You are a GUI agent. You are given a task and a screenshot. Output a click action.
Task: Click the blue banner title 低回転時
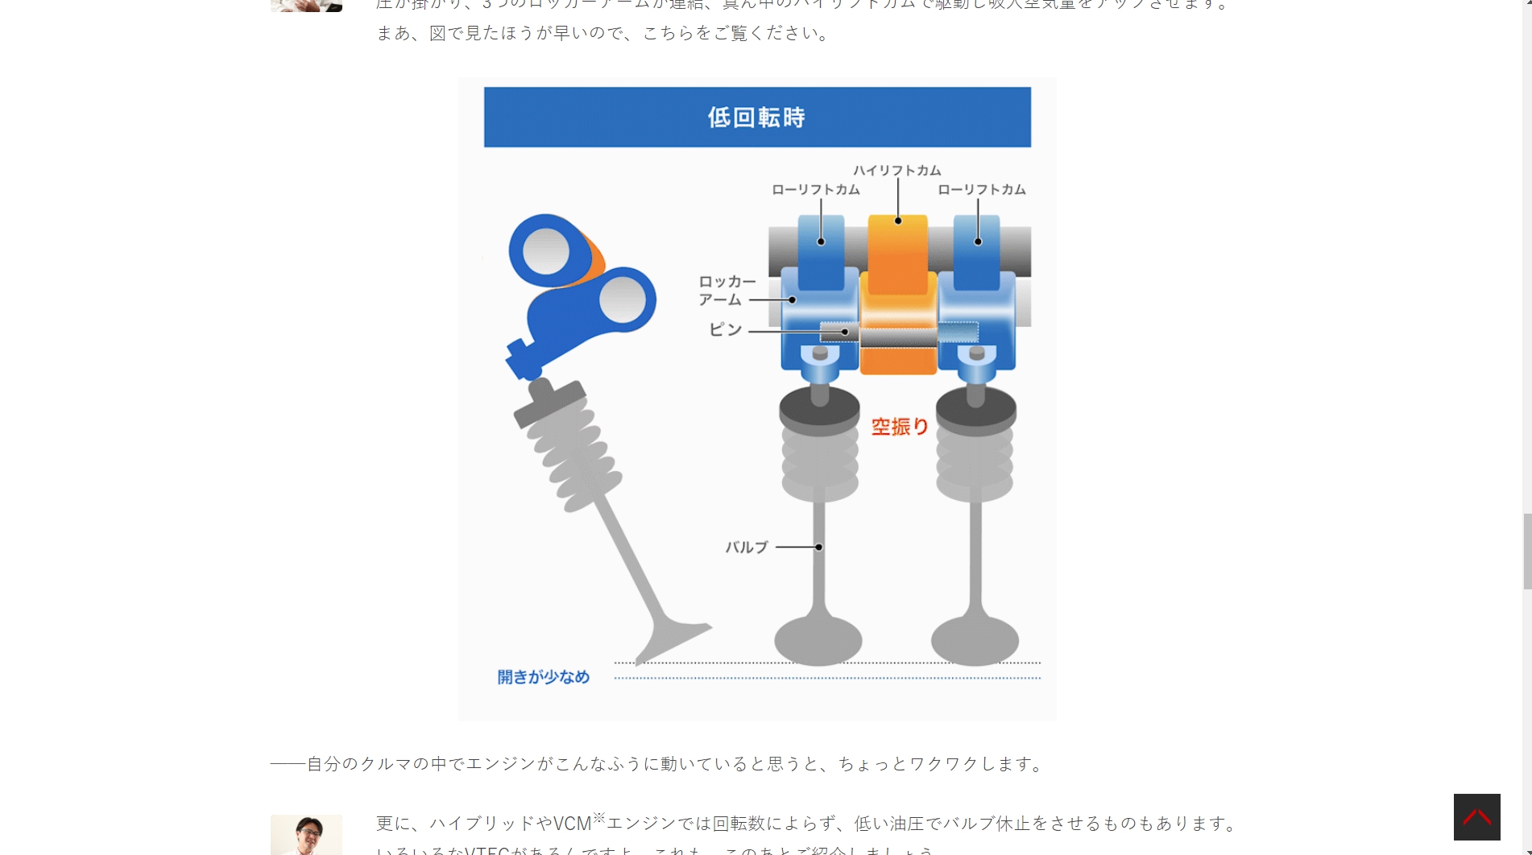(x=756, y=118)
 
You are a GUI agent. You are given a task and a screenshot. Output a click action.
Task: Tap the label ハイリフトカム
(x=896, y=171)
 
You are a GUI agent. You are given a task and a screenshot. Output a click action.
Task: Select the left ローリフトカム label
(x=815, y=190)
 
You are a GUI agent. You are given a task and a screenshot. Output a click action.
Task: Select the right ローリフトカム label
(x=981, y=190)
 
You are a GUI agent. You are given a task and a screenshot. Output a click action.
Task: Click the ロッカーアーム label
(x=727, y=291)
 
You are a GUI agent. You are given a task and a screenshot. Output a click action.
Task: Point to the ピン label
(x=725, y=330)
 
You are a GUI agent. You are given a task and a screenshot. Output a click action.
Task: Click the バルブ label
(x=747, y=547)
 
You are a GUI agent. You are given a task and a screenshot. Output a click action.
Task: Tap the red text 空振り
(x=900, y=427)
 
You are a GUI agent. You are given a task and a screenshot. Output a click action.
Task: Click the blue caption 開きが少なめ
(x=543, y=677)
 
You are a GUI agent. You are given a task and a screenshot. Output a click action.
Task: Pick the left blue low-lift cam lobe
(x=821, y=250)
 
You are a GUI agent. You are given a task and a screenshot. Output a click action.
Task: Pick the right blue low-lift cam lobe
(x=976, y=250)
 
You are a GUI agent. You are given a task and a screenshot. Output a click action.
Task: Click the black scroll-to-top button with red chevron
(x=1476, y=817)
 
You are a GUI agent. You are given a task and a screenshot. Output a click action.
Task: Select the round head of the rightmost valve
(x=975, y=641)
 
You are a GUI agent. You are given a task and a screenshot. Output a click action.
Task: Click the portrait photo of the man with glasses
(x=306, y=835)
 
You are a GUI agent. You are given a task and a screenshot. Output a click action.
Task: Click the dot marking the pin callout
(x=845, y=332)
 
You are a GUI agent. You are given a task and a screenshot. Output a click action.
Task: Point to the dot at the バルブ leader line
(x=818, y=547)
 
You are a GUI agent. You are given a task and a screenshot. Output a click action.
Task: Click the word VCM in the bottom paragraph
(x=573, y=824)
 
